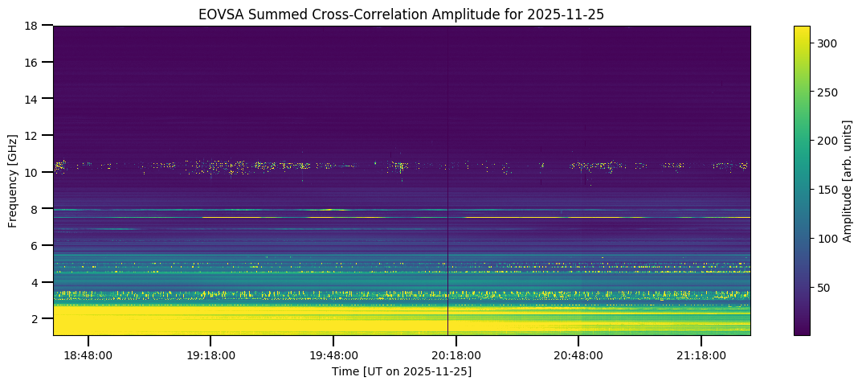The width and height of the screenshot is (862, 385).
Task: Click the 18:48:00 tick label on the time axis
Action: (x=88, y=354)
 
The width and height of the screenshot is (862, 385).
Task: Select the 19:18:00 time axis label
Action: (x=210, y=354)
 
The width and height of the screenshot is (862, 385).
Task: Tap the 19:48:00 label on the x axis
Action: (x=333, y=354)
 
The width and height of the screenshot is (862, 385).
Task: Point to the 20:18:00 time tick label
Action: (x=456, y=354)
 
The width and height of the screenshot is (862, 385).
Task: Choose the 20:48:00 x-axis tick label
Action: (x=578, y=354)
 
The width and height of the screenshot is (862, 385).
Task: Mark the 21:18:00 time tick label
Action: (x=701, y=354)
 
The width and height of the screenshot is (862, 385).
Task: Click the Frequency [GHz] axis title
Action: (x=13, y=180)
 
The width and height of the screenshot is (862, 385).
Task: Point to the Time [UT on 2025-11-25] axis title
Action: (x=402, y=371)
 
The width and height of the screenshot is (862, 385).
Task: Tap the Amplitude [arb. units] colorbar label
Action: (x=846, y=180)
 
